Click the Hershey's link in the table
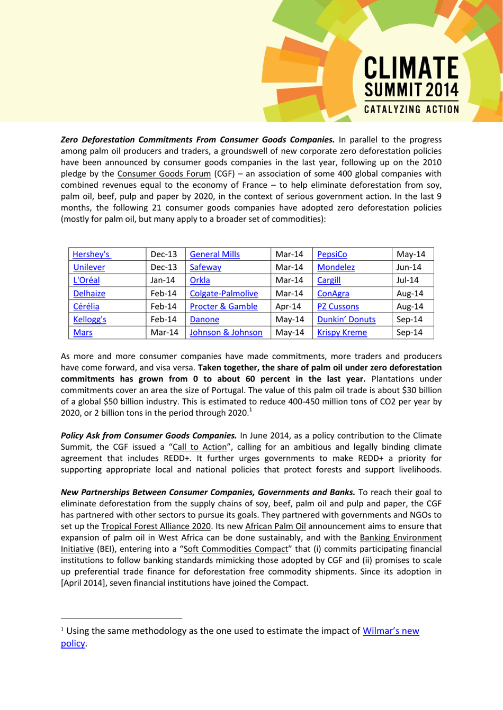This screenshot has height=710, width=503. (91, 254)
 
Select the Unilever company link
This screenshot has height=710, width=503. (89, 268)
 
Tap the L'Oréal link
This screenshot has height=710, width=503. (86, 280)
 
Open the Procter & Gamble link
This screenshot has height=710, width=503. (223, 307)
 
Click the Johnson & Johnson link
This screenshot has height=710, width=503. (226, 333)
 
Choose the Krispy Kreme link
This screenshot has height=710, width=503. (342, 333)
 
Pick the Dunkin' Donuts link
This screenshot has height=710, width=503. (346, 320)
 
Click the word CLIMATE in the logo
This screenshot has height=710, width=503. (411, 69)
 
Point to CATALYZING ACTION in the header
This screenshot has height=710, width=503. (411, 110)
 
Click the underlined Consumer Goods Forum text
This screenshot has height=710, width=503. (164, 174)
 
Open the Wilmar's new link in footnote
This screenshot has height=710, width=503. (391, 631)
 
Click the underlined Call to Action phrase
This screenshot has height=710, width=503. (200, 447)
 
